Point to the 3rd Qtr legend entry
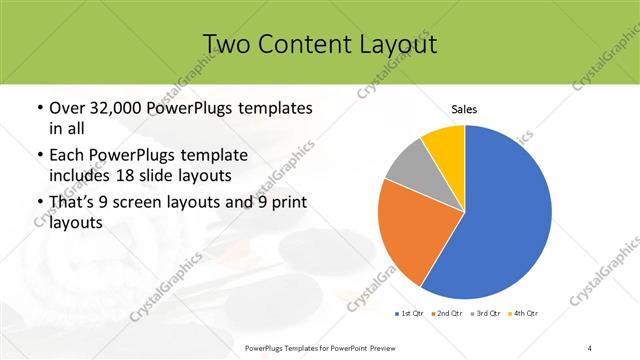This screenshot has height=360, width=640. (485, 314)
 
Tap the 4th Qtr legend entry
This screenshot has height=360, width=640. (523, 314)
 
